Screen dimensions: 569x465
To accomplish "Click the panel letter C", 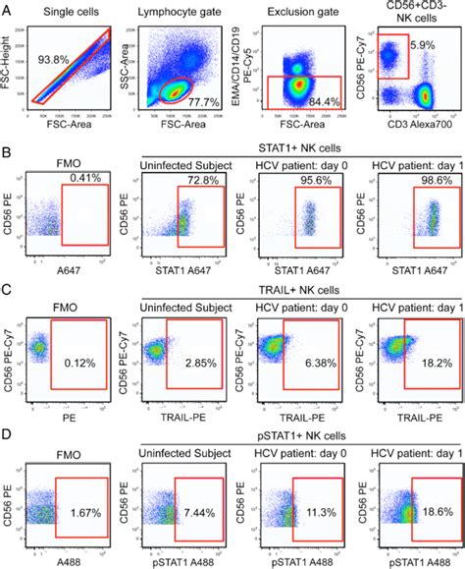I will (x=9, y=287).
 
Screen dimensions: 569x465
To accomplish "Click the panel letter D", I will (x=9, y=430).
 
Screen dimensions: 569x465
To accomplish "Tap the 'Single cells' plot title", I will (x=73, y=10).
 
